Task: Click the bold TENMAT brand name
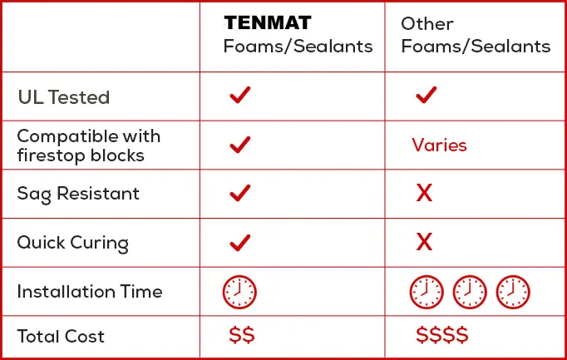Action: [x=268, y=22]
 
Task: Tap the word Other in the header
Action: [x=427, y=24]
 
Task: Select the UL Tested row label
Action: [x=64, y=97]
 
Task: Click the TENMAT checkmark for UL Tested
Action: [x=240, y=95]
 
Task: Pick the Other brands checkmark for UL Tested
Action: [x=426, y=95]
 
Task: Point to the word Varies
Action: [x=439, y=145]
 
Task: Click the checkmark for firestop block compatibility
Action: [x=240, y=145]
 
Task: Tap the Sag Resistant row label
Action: [x=78, y=194]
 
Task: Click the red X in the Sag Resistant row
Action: [x=424, y=193]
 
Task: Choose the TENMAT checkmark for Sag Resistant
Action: [x=240, y=193]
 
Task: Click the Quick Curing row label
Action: [x=72, y=243]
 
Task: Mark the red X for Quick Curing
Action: [x=424, y=242]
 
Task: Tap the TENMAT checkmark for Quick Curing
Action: [x=240, y=243]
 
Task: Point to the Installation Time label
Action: [x=90, y=291]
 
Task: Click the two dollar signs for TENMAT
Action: [x=242, y=335]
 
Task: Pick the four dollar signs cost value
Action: [x=442, y=335]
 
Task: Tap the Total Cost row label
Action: [x=61, y=336]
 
